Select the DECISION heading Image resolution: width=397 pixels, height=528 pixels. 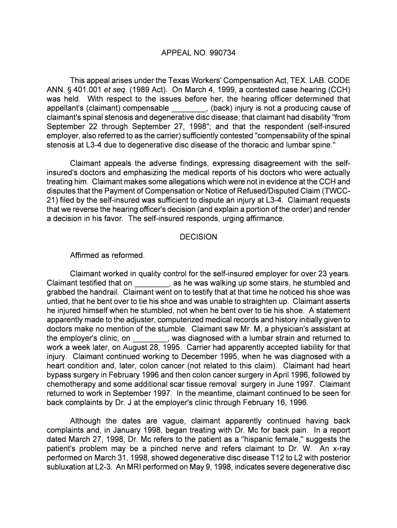(198, 237)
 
